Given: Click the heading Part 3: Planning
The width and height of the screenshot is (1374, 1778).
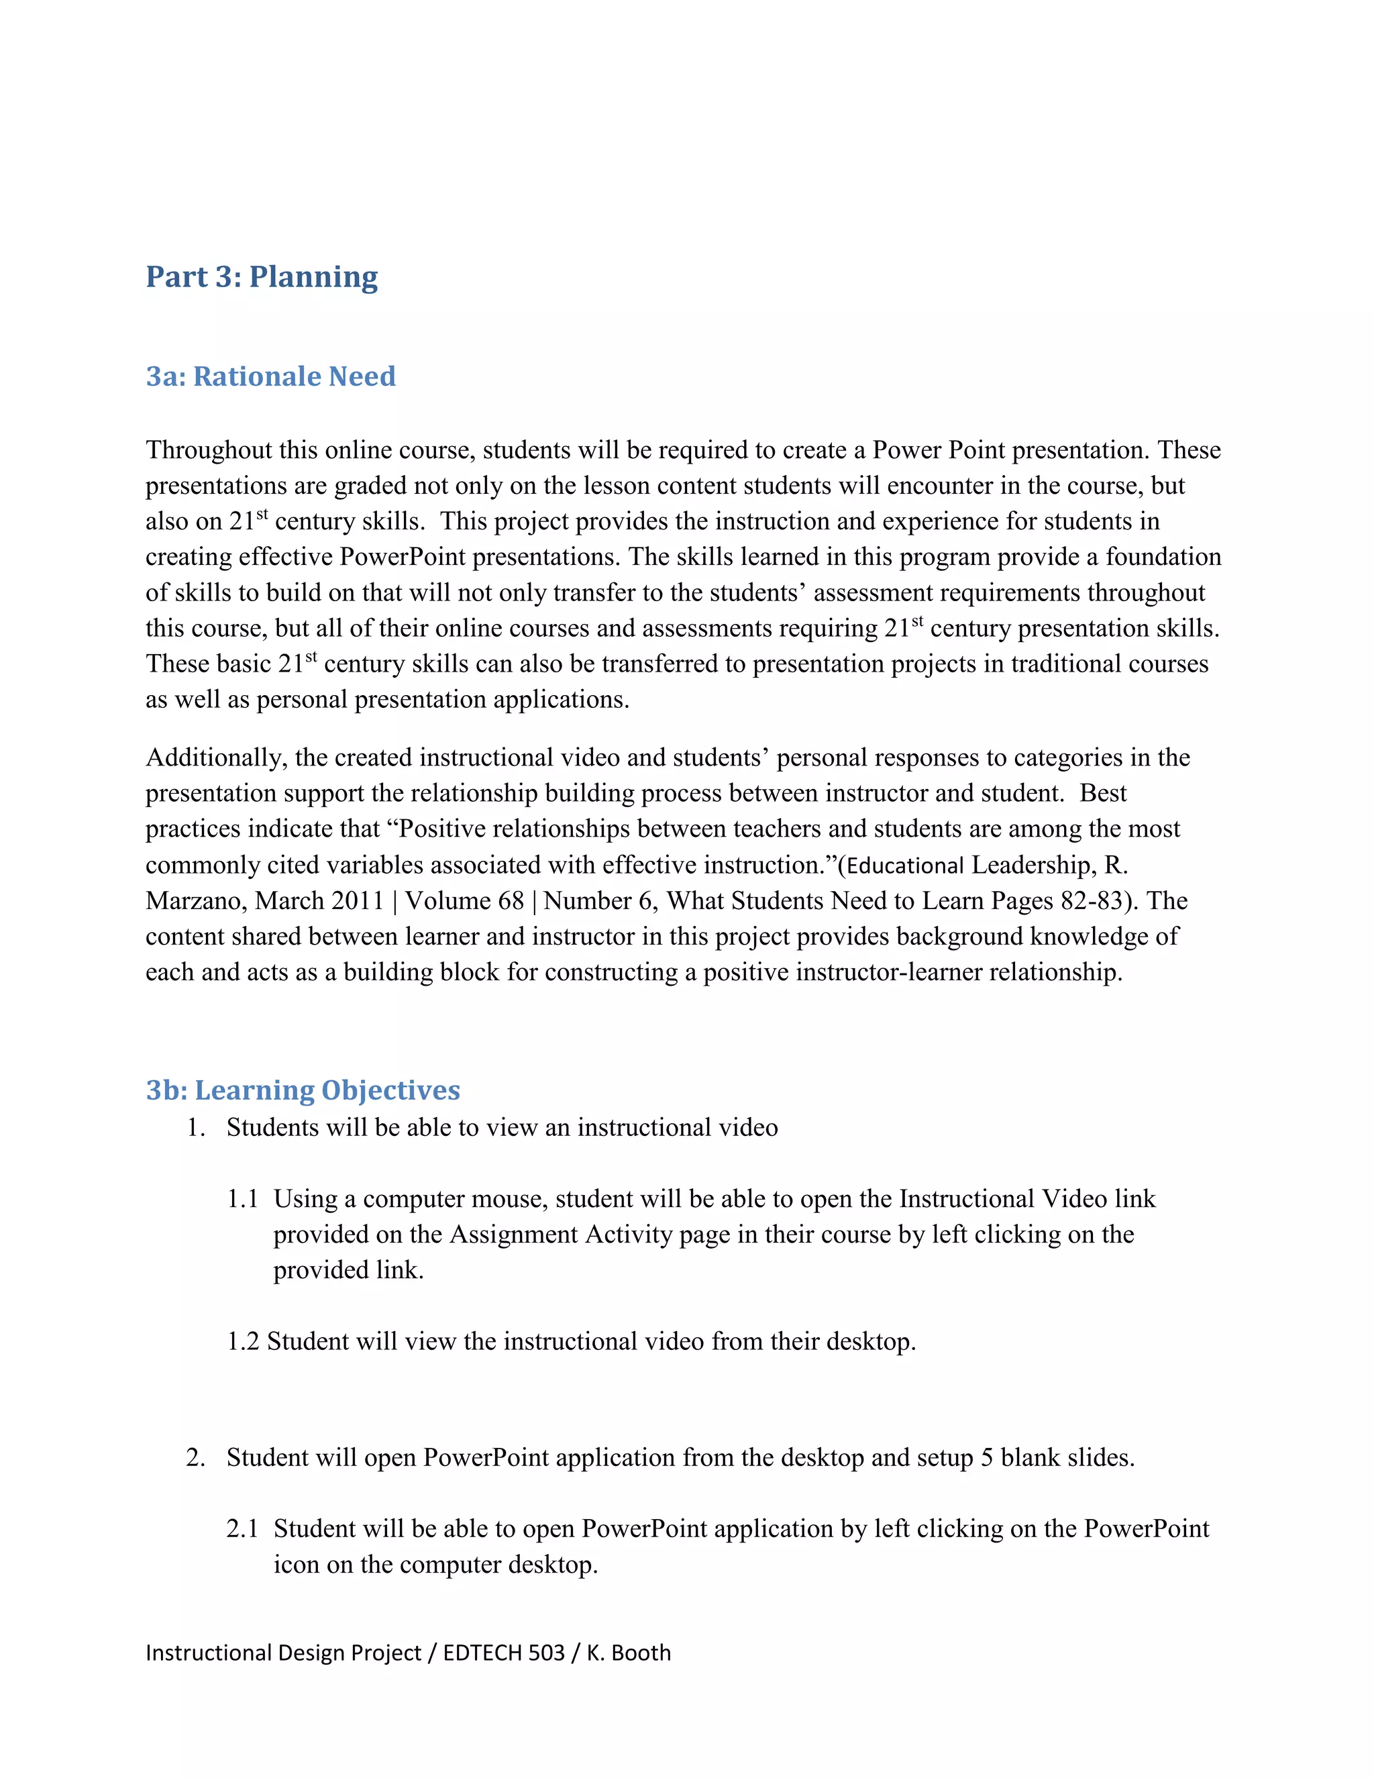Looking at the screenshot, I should click(261, 277).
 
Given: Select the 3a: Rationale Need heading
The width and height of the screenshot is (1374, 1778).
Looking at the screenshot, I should click(270, 376).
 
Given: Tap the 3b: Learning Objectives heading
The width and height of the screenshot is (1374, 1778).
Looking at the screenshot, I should click(303, 1090).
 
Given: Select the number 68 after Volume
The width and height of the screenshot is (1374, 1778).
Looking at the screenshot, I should click(511, 901).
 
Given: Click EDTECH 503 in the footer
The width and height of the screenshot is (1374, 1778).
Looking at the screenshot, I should click(504, 1653).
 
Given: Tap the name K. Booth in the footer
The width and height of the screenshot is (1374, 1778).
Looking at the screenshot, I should click(629, 1653).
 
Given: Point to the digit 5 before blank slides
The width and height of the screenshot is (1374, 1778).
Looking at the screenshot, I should click(986, 1457).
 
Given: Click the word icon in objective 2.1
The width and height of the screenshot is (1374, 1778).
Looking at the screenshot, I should click(297, 1565).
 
